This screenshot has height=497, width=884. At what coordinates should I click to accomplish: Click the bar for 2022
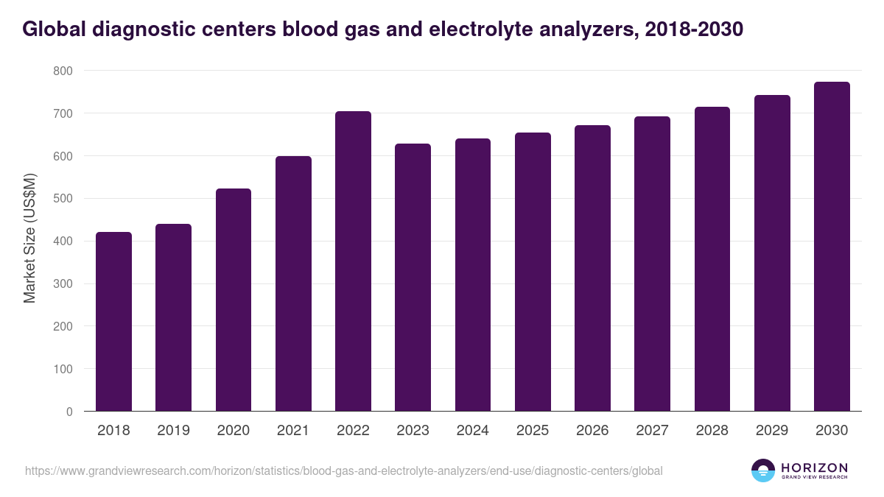[353, 261]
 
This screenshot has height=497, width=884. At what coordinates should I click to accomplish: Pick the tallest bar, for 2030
[832, 247]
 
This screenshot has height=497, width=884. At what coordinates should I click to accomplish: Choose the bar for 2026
[592, 269]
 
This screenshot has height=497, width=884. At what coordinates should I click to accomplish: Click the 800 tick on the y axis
[63, 71]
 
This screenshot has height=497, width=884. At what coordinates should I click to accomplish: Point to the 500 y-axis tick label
[63, 199]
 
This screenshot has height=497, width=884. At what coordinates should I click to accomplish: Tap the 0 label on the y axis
[69, 412]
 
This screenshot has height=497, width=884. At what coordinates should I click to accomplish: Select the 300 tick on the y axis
[63, 283]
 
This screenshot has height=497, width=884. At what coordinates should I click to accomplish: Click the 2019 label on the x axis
[173, 431]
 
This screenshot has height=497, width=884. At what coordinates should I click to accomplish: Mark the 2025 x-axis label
[533, 431]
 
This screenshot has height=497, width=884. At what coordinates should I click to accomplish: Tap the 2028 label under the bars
[712, 431]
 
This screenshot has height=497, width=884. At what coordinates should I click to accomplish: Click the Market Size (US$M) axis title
[30, 238]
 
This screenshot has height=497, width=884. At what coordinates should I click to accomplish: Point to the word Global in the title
[50, 29]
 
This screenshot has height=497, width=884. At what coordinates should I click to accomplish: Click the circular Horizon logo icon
[763, 470]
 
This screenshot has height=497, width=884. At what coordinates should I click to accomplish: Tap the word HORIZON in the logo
[814, 468]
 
